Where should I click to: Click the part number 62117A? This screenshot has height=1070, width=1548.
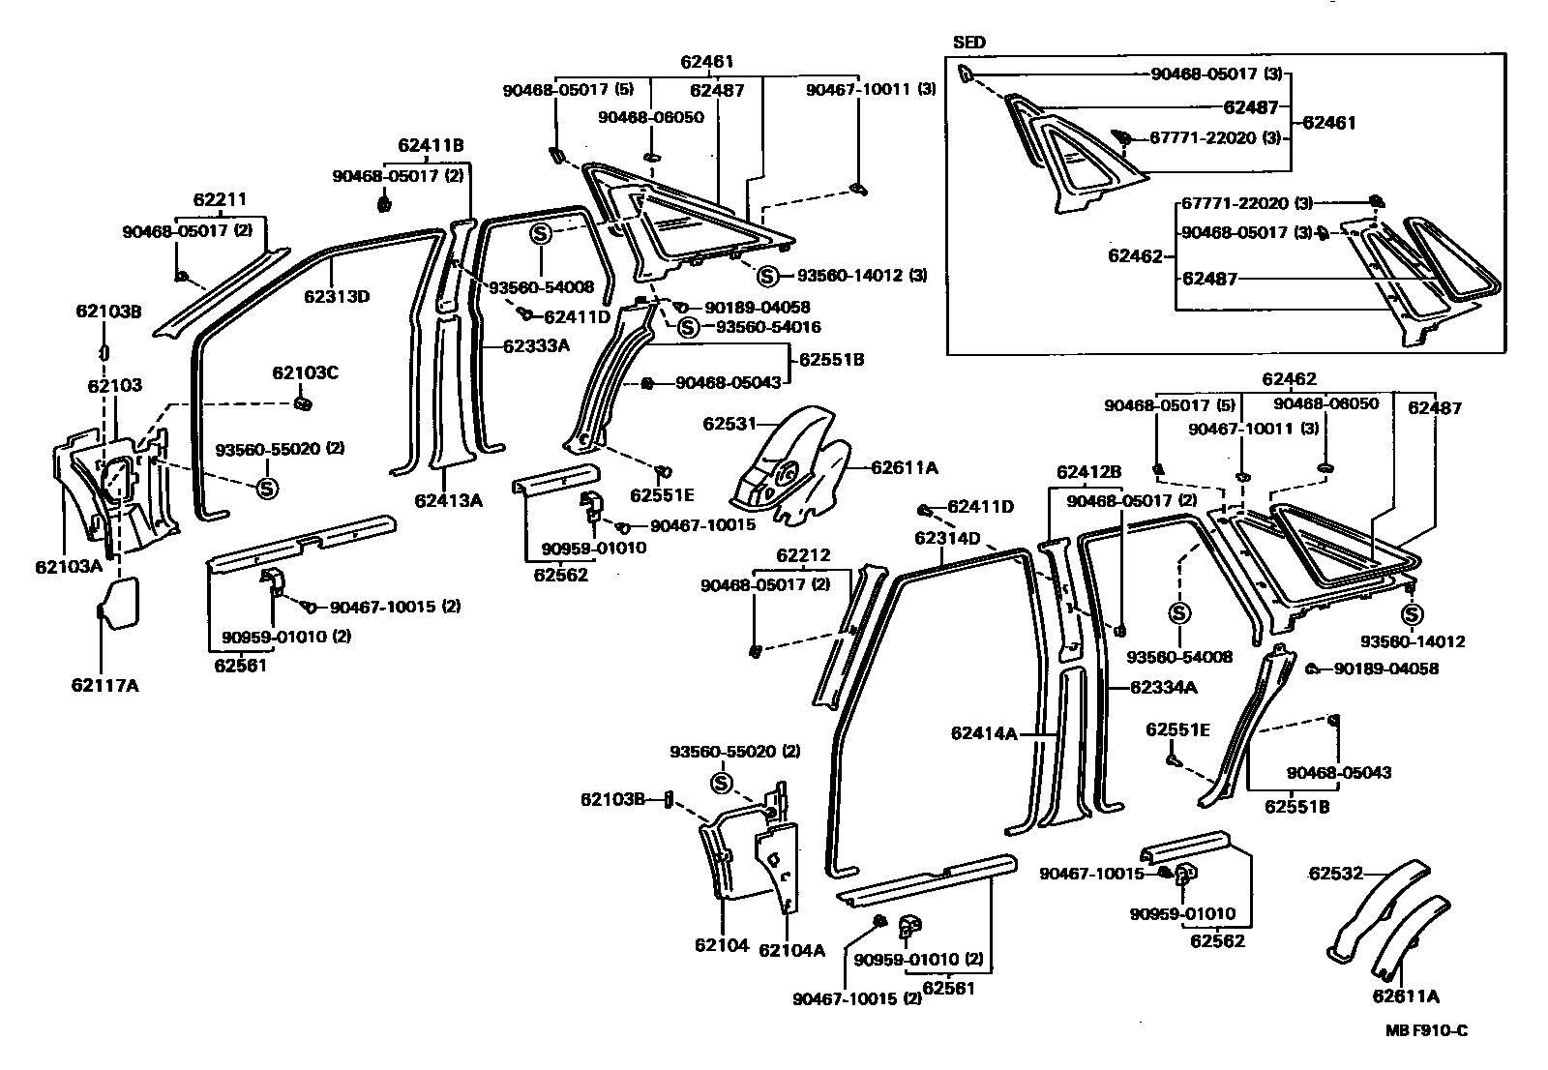(104, 686)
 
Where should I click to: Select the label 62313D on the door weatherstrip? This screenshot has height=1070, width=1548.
(337, 296)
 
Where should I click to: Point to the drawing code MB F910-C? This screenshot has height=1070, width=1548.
(1425, 1031)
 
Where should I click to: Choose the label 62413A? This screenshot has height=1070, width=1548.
(448, 500)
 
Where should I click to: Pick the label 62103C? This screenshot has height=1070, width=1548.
(305, 372)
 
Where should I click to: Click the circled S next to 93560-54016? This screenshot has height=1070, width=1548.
(687, 327)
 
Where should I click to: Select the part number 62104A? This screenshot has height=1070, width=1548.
(791, 950)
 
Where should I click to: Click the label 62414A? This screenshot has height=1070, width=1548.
(984, 734)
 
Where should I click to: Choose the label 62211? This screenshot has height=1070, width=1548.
(220, 199)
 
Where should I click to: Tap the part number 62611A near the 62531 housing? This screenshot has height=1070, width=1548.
(905, 467)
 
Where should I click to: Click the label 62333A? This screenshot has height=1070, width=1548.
(536, 344)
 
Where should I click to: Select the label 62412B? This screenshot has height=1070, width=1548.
(1088, 472)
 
